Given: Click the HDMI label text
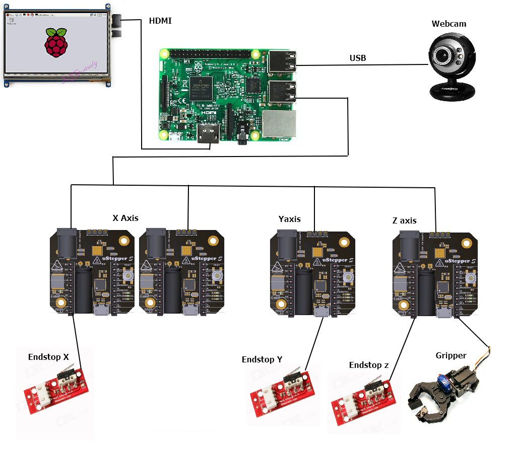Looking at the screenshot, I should tap(160, 21).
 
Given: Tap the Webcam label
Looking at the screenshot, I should tap(449, 24).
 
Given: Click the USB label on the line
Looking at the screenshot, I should tap(358, 58).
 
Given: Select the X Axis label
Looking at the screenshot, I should tap(125, 218).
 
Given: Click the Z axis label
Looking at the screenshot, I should tap(405, 220).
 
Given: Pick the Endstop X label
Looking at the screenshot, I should tap(48, 357).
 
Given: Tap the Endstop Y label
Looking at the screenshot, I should tap(262, 359).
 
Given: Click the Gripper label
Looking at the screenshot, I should tap(451, 355).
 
